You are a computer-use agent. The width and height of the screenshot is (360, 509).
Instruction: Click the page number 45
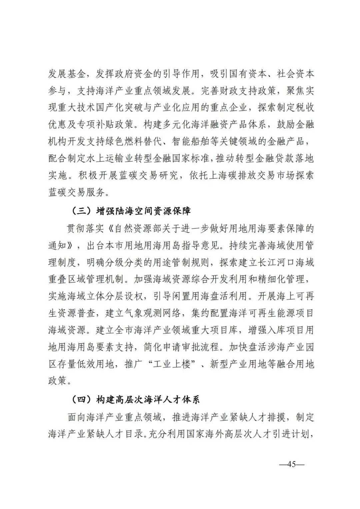(x=291, y=464)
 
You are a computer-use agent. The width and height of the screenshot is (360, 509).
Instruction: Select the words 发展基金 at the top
(x=67, y=74)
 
